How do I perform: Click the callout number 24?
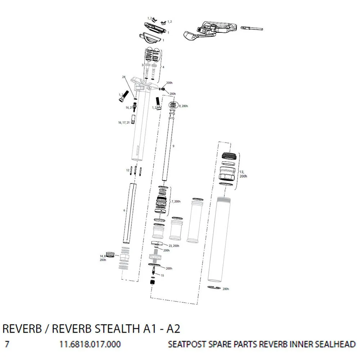pos(123,77)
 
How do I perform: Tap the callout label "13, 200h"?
pos(243,174)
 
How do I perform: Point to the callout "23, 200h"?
pos(174,246)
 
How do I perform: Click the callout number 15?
pos(162,275)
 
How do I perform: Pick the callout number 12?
pos(128,170)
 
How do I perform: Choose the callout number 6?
pos(124,210)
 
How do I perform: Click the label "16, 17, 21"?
pos(124,123)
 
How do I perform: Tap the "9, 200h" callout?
pos(183,106)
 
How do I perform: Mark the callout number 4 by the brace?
pos(163,67)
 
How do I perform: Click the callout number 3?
pos(143,65)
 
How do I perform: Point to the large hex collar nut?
pos(228,174)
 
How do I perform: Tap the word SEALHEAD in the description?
pos(335,344)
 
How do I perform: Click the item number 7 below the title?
pos(7,344)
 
